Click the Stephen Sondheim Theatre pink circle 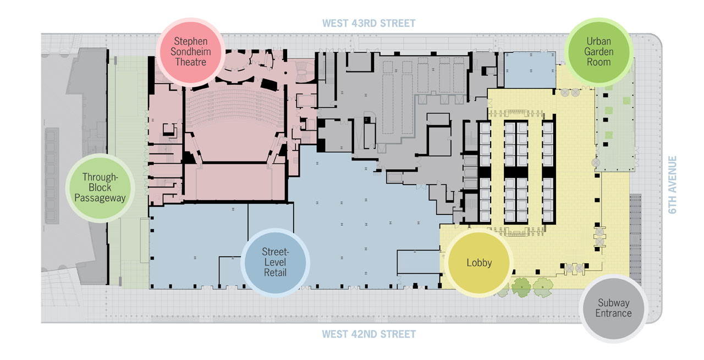click(191, 52)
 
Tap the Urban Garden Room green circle click(599, 52)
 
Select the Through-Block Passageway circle click(100, 188)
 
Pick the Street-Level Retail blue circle click(275, 263)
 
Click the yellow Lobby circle click(479, 263)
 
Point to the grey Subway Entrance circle click(613, 308)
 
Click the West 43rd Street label click(369, 23)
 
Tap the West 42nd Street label click(369, 334)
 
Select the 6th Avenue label click(672, 185)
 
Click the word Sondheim click(191, 52)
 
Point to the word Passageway click(100, 198)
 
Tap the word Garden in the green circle click(599, 52)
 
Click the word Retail click(275, 273)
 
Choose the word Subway click(613, 303)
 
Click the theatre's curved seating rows click(235, 107)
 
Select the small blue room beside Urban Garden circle click(530, 70)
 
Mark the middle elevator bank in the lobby click(516, 171)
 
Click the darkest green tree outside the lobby click(521, 287)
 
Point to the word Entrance click(613, 313)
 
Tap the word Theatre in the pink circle click(191, 62)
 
